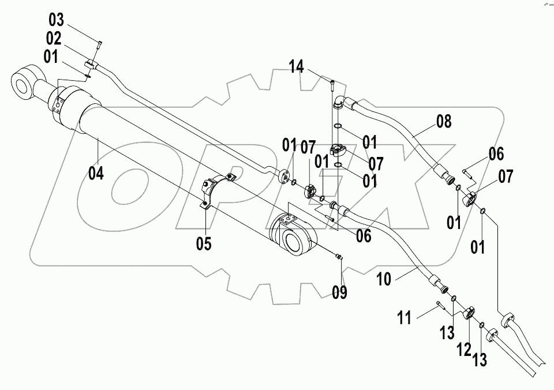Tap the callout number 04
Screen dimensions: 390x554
pos(96,172)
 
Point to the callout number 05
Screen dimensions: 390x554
pos(203,243)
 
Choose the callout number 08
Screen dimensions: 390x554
pos(444,122)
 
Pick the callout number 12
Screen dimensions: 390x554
pos(465,348)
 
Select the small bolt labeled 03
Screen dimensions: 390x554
pos(99,43)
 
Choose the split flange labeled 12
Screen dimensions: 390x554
pos(468,313)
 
